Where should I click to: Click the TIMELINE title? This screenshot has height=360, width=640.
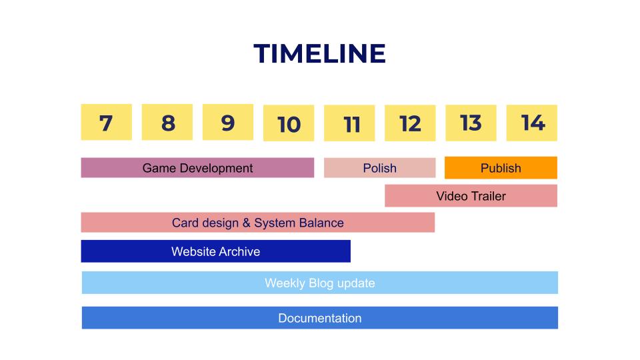[x=319, y=53]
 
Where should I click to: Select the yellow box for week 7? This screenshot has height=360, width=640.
[x=107, y=122]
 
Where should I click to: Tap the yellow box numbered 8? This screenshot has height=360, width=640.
[x=167, y=122]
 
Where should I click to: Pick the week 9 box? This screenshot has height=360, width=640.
[x=228, y=122]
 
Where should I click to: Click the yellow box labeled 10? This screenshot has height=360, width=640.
[x=289, y=123]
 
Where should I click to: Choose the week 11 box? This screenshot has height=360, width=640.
[x=349, y=123]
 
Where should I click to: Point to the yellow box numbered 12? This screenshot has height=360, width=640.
[x=410, y=123]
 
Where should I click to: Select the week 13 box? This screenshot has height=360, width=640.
[x=471, y=123]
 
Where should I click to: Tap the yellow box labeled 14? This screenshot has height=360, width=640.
[x=532, y=123]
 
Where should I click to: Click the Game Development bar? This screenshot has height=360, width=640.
[x=197, y=168]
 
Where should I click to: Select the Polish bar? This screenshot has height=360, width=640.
[x=380, y=168]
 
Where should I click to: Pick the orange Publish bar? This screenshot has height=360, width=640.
[x=501, y=168]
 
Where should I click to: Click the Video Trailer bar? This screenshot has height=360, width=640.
[x=471, y=196]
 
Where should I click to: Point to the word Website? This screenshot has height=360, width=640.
[x=193, y=251]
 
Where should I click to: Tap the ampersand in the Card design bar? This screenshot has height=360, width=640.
[x=246, y=223]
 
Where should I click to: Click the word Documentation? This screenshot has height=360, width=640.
[x=320, y=318]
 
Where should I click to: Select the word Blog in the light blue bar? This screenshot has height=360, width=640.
[x=321, y=283]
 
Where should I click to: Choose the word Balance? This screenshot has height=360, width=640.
[x=321, y=223]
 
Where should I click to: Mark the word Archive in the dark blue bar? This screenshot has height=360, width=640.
[x=239, y=251]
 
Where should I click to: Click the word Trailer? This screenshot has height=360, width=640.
[x=489, y=196]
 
